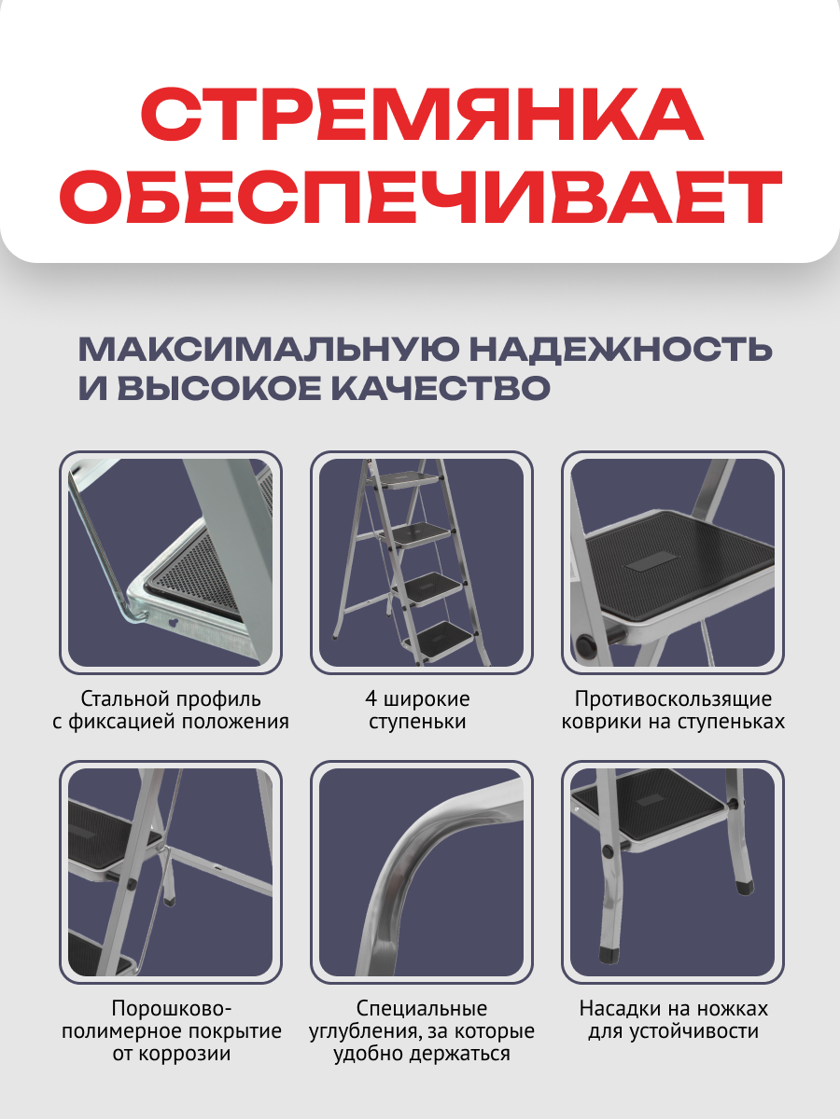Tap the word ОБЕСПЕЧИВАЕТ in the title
click(x=420, y=199)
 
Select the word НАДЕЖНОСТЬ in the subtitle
click(x=620, y=350)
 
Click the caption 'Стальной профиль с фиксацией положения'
click(x=171, y=710)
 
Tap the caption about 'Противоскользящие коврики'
click(x=672, y=710)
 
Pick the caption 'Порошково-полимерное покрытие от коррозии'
click(x=171, y=1031)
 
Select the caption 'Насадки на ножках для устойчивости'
click(x=673, y=1020)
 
